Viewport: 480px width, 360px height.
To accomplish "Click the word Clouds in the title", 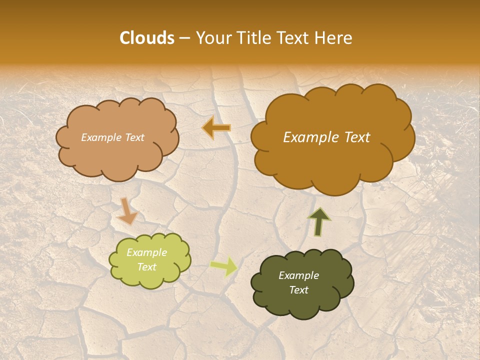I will [x=147, y=38].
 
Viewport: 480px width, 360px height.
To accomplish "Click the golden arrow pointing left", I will [x=216, y=128].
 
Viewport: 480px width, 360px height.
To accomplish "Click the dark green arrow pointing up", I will [x=319, y=221].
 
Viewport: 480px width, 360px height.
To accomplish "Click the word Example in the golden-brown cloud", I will [x=311, y=137].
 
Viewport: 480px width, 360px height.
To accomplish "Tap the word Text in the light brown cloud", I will [x=134, y=137].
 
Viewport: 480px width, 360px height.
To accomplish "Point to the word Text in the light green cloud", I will [x=147, y=267].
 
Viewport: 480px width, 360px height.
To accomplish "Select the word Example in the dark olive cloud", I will [x=298, y=275].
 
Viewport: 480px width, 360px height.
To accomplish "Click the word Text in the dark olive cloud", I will [x=298, y=290].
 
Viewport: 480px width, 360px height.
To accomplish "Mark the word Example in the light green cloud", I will [x=147, y=252].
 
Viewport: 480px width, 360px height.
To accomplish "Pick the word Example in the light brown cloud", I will [x=101, y=137].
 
